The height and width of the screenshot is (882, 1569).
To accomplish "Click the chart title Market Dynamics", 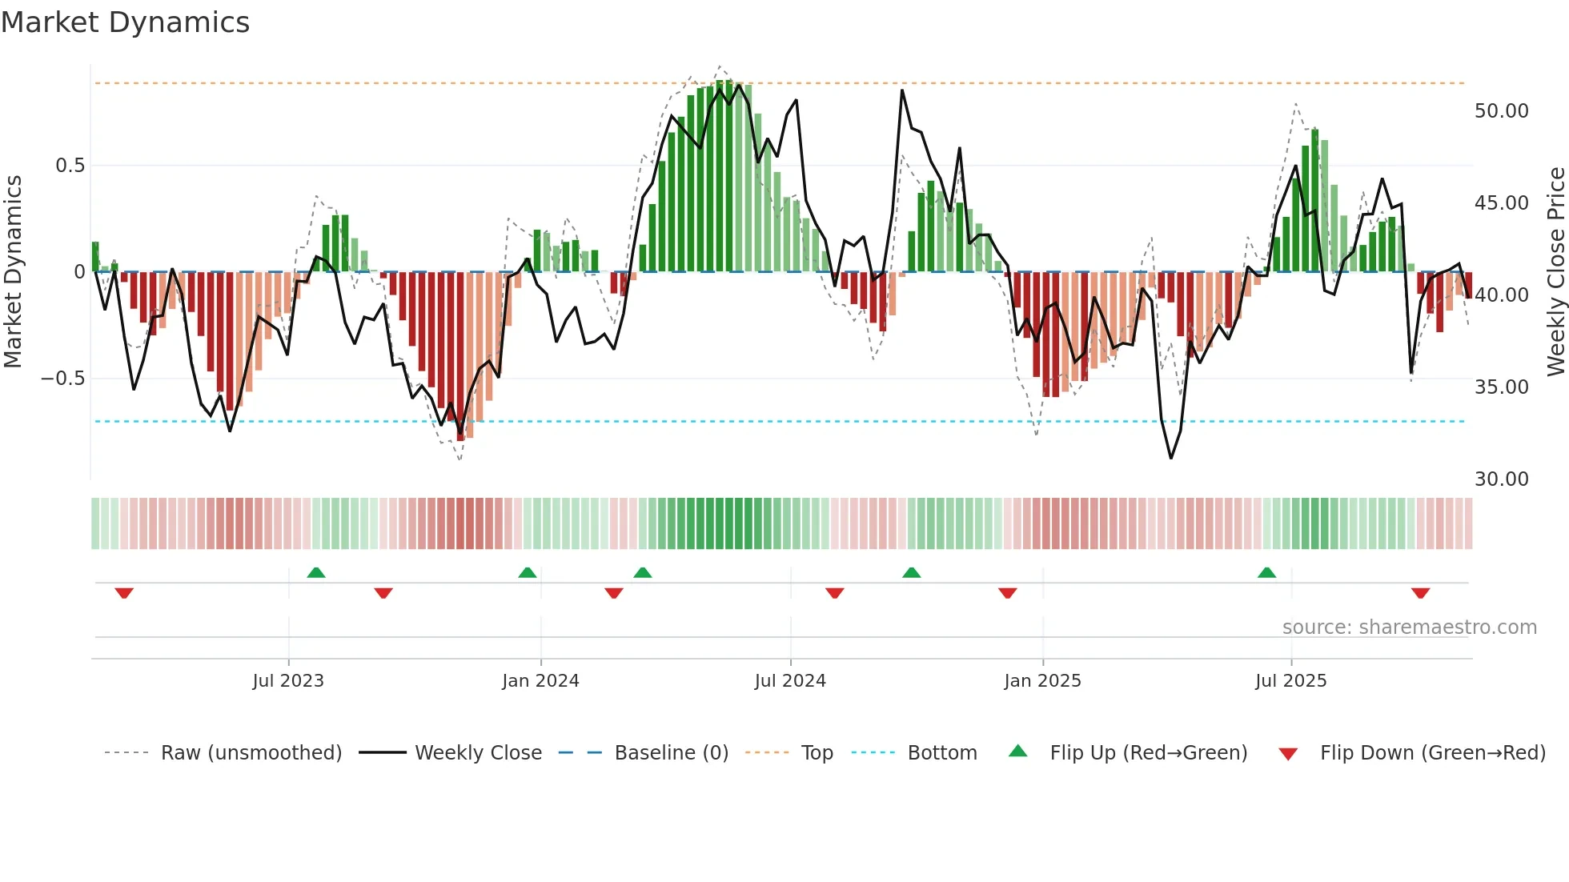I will (125, 22).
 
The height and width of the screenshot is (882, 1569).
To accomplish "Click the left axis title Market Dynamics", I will (13, 271).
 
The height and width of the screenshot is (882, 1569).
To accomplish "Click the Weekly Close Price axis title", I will (1555, 271).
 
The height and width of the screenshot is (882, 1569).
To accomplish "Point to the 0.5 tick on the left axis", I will (70, 166).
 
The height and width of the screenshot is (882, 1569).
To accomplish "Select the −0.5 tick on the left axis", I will (63, 378).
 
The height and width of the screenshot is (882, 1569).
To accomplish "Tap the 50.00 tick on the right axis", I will (1501, 111).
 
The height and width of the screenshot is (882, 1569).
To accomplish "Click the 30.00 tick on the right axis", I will (1501, 479).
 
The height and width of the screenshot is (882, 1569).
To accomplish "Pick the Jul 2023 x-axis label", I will (288, 681).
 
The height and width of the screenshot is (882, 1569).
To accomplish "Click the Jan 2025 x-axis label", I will (1042, 681).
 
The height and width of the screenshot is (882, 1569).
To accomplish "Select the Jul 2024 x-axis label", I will (790, 681).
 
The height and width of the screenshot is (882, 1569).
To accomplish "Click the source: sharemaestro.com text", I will (1409, 627).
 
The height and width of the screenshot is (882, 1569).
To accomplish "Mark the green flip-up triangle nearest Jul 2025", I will (1266, 572).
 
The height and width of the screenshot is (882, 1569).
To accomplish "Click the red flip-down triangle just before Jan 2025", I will (1008, 593).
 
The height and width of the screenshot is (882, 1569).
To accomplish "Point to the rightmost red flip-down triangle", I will (1420, 593).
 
